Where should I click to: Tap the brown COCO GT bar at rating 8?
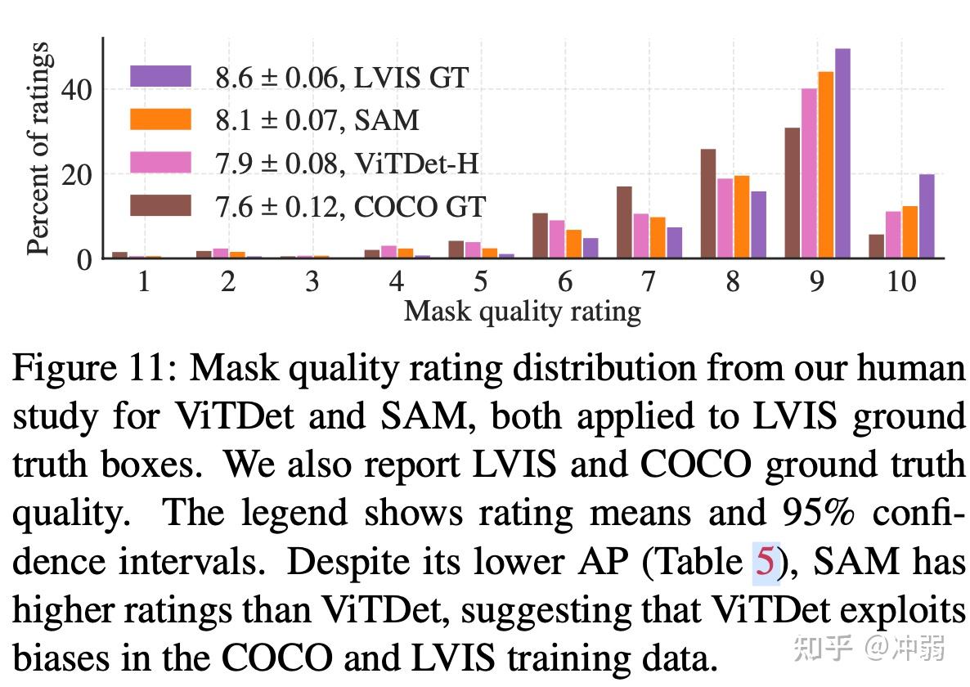(707, 204)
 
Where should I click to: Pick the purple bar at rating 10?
(926, 217)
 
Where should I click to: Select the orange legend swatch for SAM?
(160, 119)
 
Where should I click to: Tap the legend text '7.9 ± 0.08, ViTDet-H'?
(347, 163)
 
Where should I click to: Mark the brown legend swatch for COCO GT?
(160, 205)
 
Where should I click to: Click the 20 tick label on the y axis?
(76, 174)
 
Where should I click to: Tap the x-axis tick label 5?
(480, 281)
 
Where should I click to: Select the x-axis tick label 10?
(900, 281)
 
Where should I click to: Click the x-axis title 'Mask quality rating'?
(522, 311)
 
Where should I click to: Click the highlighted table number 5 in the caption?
(764, 562)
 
